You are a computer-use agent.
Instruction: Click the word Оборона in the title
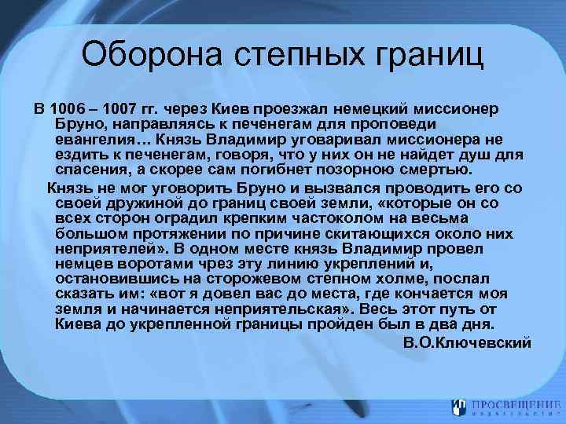pos(154,56)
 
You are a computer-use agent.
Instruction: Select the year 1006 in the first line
pos(65,108)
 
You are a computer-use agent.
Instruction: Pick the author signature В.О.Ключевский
pos(467,342)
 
